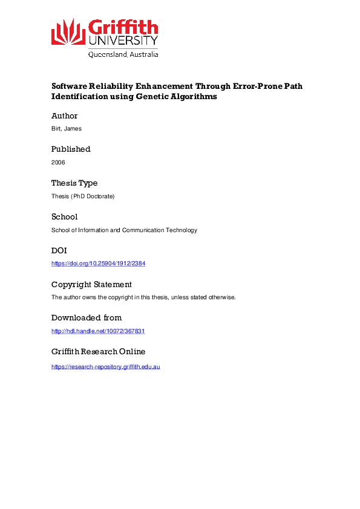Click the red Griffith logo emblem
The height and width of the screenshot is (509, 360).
[x=68, y=32]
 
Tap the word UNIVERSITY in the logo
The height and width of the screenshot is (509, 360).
[x=123, y=41]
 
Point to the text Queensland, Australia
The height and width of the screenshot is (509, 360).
[x=123, y=54]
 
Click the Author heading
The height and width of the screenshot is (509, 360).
[x=65, y=115]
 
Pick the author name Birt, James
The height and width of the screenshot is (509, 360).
[x=66, y=129]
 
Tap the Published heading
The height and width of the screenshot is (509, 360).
[x=71, y=149]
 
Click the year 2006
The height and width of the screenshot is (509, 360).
[x=58, y=163]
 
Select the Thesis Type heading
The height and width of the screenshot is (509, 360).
[x=74, y=183]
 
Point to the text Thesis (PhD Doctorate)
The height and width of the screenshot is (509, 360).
[x=83, y=196]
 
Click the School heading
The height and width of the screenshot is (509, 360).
[x=64, y=216]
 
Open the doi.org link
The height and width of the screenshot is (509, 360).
[x=99, y=264]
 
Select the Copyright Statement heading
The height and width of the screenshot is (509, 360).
[x=91, y=284]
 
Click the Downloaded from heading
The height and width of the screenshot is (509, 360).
[x=87, y=318]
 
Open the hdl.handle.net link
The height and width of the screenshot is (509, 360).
[x=98, y=331]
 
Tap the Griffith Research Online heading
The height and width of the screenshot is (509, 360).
[x=98, y=352]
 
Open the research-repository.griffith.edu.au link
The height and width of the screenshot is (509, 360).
[x=105, y=366]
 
